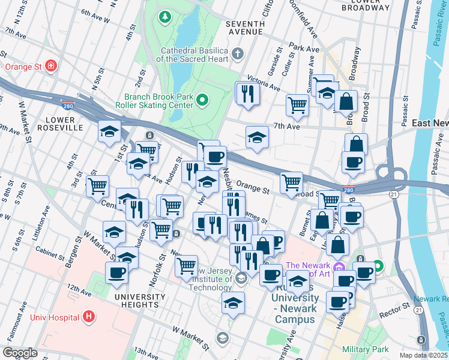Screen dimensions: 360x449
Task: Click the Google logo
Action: coord(20,353)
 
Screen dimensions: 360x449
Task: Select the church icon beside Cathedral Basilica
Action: coord(238,54)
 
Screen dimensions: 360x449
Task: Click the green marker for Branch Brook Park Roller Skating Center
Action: coord(202,100)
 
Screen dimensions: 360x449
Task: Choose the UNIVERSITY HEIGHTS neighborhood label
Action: coord(139,301)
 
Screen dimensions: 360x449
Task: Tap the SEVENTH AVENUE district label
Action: coord(244,28)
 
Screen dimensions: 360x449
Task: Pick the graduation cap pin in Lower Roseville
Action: coord(110,132)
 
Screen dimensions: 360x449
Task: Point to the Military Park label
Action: coord(365,349)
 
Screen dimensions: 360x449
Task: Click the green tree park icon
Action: coord(164,17)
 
